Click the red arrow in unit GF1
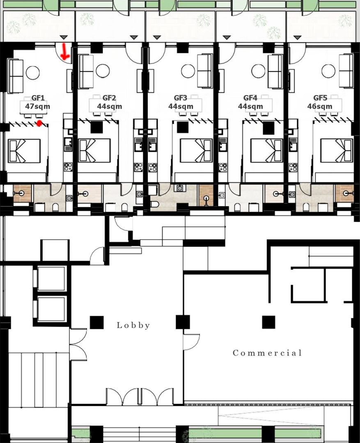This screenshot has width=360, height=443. click(65, 52)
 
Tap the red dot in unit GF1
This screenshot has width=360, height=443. click(39, 123)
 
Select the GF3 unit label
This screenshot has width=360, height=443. click(181, 98)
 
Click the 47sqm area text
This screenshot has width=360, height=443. click(38, 107)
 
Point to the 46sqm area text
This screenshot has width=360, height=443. click(320, 107)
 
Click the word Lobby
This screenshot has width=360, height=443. click(133, 325)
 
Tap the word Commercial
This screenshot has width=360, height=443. click(267, 353)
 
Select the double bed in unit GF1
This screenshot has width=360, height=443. click(24, 151)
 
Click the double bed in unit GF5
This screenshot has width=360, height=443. click(337, 151)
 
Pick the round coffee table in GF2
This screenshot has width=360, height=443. click(103, 71)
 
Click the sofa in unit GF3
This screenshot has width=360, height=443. click(204, 71)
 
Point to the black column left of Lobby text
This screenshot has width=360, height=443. click(97, 322)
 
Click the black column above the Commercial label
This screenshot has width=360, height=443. click(268, 322)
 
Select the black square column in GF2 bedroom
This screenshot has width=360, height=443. click(96, 128)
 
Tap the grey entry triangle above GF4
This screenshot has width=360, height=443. click(227, 37)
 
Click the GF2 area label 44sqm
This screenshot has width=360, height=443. click(110, 107)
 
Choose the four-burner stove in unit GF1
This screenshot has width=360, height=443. click(68, 167)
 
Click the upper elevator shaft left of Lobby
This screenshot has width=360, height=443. click(51, 279)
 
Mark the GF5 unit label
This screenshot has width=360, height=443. click(320, 98)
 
